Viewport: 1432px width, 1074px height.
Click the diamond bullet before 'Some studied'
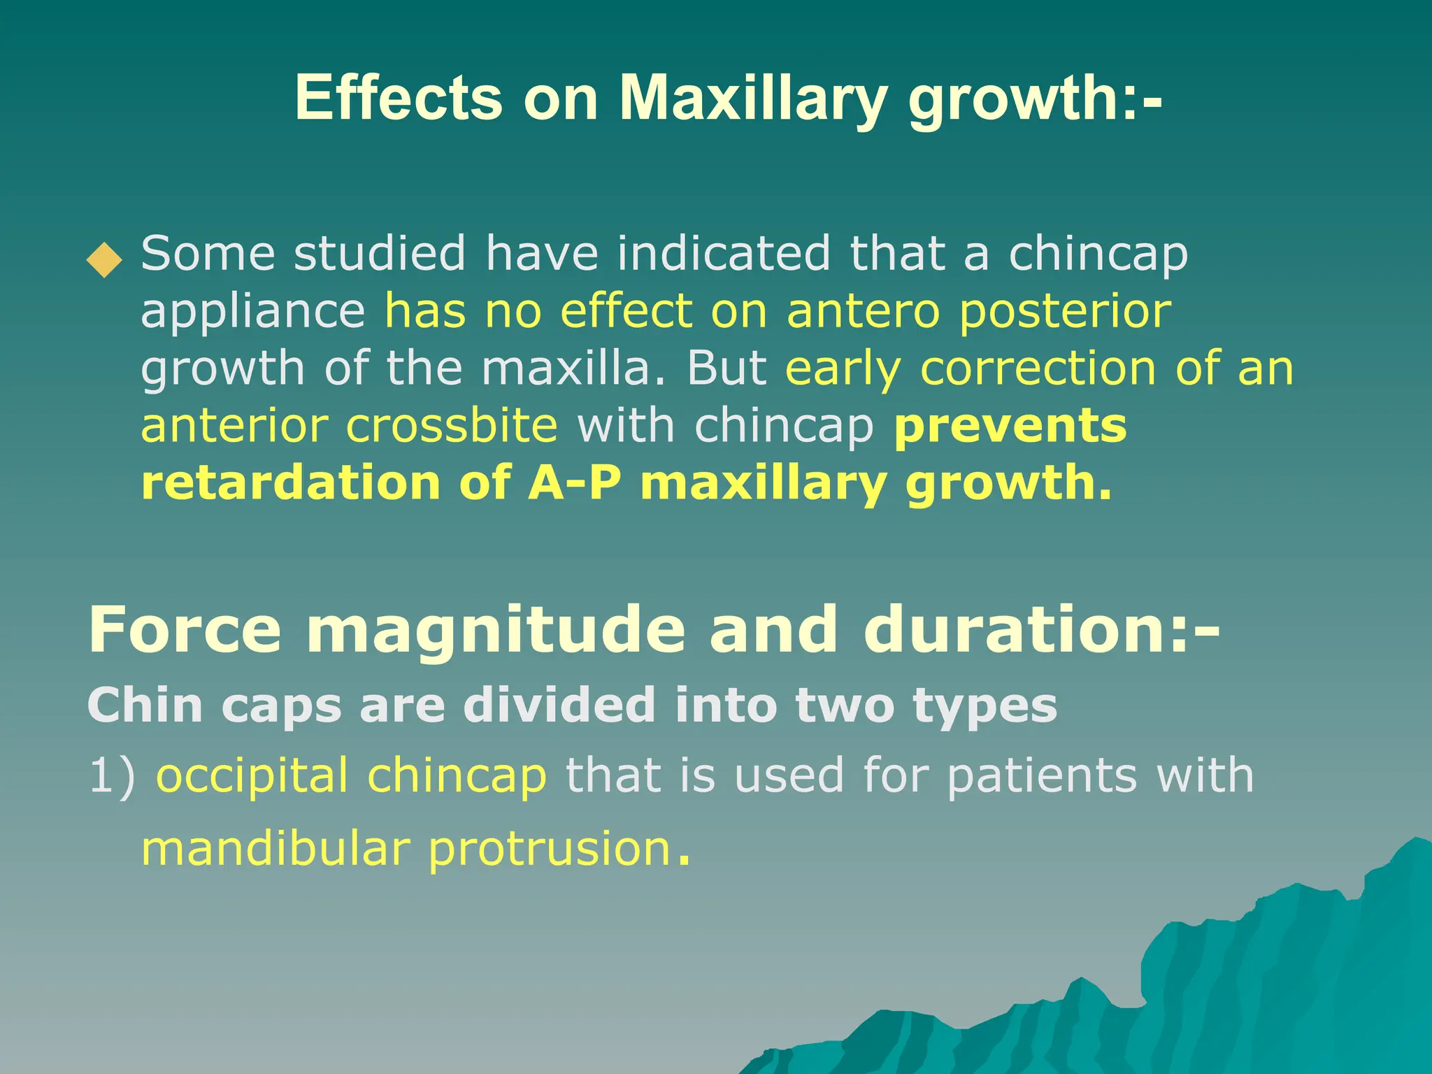click(104, 260)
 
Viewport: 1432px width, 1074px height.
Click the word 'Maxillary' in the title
click(752, 99)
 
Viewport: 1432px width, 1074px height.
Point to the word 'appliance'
click(253, 313)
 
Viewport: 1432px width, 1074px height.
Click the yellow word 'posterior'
click(1065, 313)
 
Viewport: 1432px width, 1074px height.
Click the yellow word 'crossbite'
click(452, 426)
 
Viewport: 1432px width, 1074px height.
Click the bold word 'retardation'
click(290, 483)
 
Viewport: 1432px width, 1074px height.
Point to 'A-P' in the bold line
click(574, 483)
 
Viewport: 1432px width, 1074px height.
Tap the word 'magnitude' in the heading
click(496, 631)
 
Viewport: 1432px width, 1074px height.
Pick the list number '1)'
click(112, 776)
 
